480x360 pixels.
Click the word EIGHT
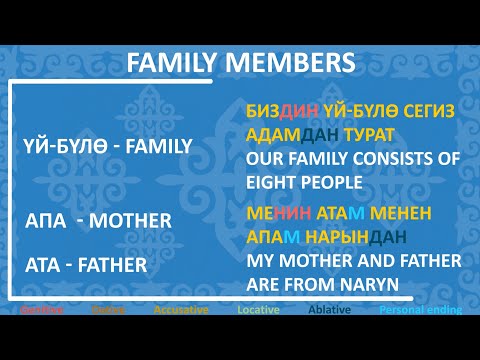[x=273, y=180]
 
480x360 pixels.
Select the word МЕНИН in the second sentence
[x=276, y=214]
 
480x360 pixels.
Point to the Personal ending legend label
[x=420, y=310]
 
